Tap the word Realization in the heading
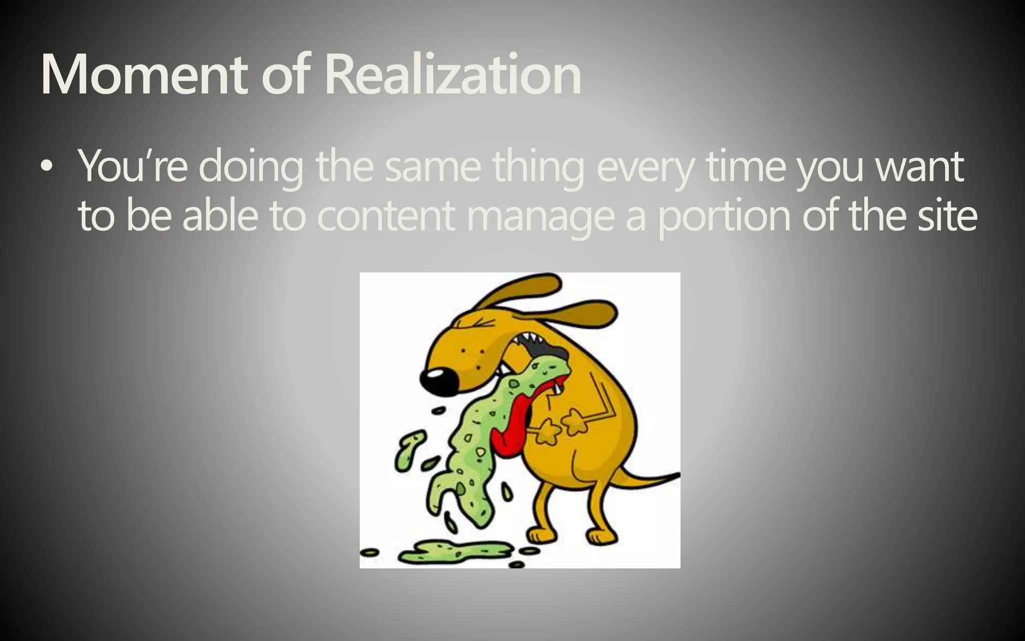click(453, 75)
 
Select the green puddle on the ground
click(450, 551)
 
